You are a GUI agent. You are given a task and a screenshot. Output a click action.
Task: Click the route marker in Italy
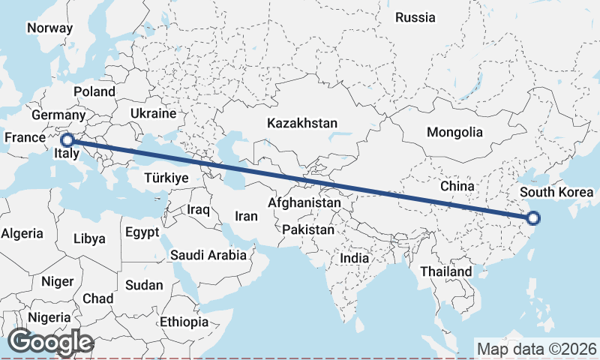(67, 139)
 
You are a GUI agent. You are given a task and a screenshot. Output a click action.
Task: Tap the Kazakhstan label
(302, 123)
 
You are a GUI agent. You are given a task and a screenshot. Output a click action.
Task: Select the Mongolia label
(454, 132)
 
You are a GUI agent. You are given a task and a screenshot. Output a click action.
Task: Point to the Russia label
(415, 17)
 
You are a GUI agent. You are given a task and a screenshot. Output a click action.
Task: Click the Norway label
(49, 28)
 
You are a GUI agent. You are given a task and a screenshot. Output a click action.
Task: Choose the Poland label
(94, 91)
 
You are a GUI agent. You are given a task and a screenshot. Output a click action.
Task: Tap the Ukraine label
(153, 113)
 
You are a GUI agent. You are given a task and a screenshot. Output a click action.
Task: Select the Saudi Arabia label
(208, 255)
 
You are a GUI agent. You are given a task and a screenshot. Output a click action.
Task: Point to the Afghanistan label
(304, 202)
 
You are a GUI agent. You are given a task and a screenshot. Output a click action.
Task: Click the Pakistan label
(308, 229)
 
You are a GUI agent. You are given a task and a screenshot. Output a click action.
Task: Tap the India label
(355, 258)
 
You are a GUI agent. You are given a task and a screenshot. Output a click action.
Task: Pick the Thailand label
(446, 271)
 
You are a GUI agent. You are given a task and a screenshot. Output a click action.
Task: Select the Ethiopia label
(184, 322)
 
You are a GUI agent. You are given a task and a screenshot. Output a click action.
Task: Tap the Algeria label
(22, 233)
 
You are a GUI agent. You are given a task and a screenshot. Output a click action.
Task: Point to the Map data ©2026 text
(536, 349)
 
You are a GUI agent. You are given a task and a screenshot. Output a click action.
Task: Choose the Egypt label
(142, 232)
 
